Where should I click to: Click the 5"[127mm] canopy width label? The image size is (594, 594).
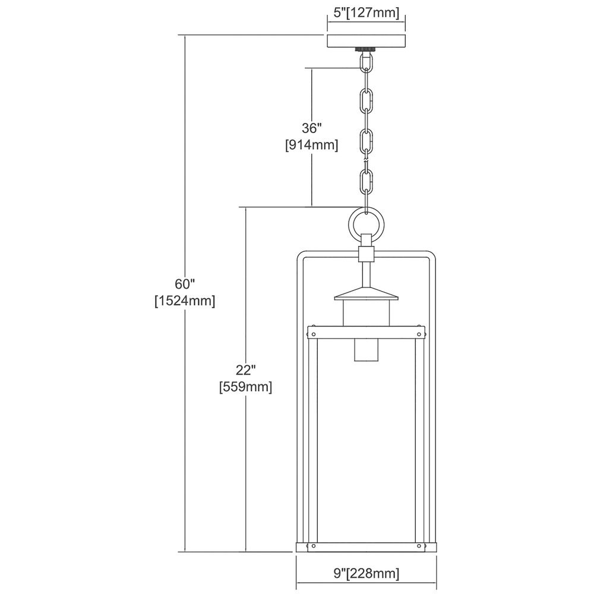366,13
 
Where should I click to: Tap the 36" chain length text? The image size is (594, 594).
311,128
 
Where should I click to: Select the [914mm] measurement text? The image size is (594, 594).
311,145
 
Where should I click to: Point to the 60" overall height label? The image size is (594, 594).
185,284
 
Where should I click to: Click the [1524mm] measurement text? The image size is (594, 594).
185,301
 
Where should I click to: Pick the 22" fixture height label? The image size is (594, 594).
246,369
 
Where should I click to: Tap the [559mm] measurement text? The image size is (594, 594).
246,387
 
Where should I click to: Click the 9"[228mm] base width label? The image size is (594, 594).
366,573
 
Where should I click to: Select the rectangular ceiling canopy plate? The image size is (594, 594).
366,42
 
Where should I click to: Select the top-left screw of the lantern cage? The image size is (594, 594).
313,334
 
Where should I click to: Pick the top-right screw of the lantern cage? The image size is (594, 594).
419,334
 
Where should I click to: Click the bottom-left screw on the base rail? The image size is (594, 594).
313,546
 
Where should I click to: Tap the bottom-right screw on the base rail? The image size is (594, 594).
419,546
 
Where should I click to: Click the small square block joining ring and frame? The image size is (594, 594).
366,254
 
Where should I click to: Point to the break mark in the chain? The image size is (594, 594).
366,162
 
